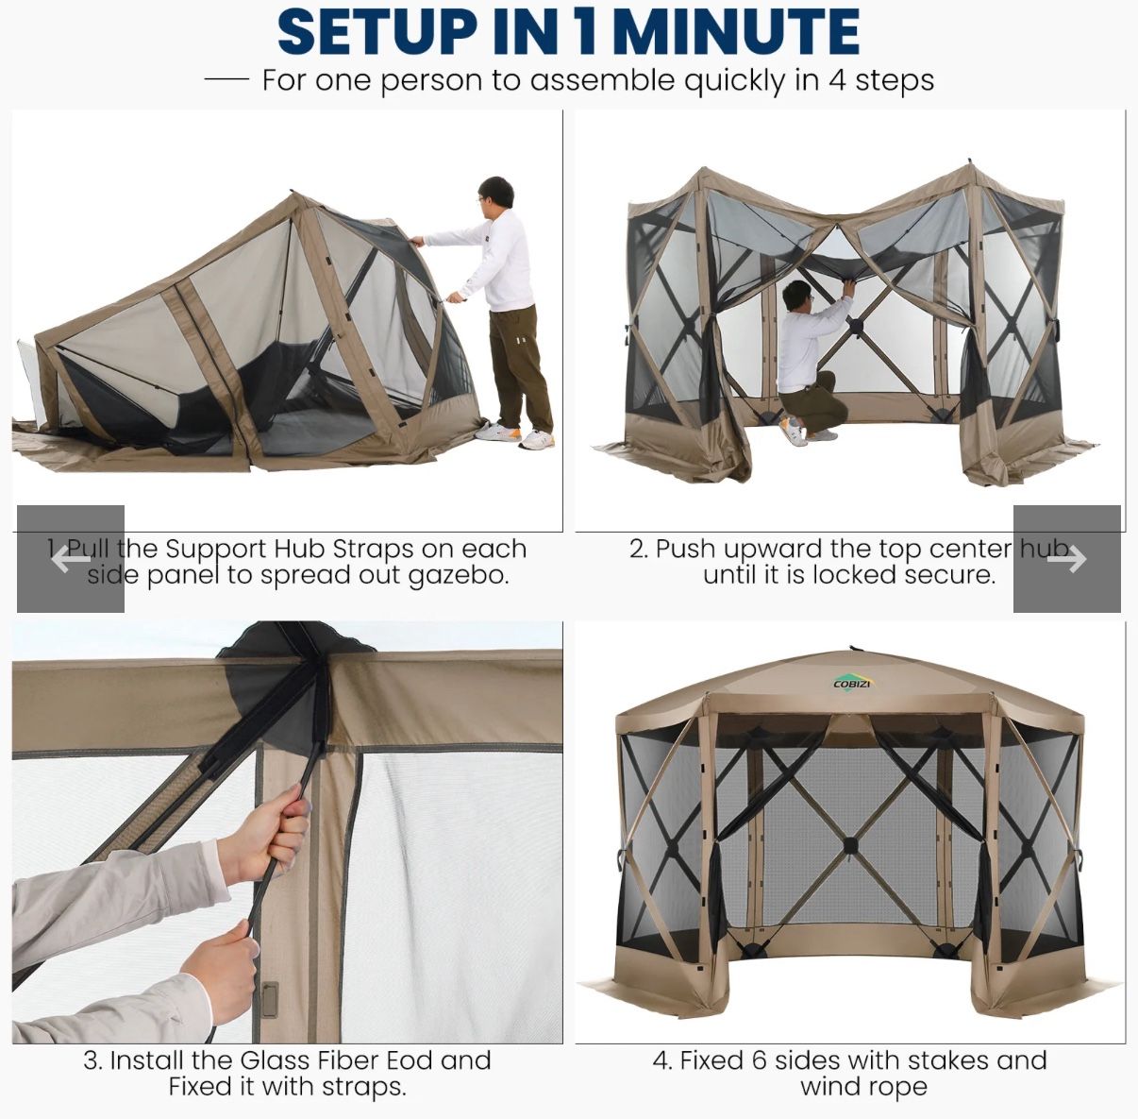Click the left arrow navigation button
[71, 559]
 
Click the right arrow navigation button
[1066, 559]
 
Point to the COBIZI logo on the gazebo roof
[853, 683]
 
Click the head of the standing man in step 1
[495, 195]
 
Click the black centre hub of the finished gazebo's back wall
[850, 843]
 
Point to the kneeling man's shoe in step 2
[795, 433]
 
